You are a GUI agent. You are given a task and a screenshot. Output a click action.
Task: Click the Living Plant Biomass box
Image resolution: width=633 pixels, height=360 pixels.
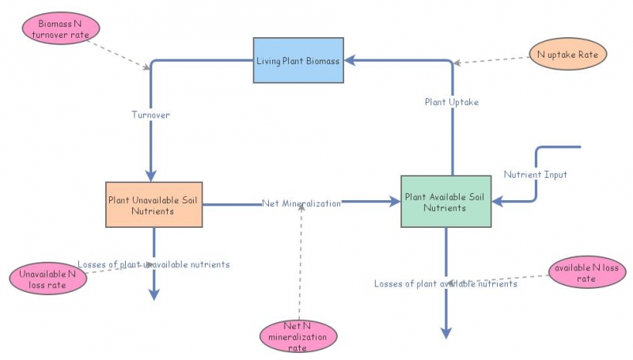click(x=298, y=60)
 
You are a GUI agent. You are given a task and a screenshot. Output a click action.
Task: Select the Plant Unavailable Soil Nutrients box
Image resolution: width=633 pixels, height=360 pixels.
click(x=154, y=204)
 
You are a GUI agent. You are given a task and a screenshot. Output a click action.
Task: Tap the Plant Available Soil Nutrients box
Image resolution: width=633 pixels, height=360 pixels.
click(x=445, y=202)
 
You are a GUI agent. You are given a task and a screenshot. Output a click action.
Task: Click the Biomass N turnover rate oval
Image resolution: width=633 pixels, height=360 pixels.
click(x=61, y=29)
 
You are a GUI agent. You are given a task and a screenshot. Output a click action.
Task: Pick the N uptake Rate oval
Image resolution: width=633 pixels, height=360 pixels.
click(x=567, y=55)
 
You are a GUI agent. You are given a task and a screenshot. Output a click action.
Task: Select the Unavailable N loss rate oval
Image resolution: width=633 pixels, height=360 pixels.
click(x=47, y=279)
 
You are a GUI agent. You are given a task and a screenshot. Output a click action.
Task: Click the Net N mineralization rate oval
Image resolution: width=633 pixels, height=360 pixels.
click(x=298, y=336)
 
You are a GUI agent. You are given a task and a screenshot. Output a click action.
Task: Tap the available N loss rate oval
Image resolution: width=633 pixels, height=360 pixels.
click(x=586, y=272)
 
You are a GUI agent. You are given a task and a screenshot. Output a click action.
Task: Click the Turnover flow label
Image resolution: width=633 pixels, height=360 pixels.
click(x=150, y=115)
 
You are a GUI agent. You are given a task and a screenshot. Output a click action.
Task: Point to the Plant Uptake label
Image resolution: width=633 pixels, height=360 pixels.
click(x=451, y=102)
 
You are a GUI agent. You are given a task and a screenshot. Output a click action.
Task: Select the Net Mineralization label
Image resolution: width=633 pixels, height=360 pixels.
click(x=301, y=203)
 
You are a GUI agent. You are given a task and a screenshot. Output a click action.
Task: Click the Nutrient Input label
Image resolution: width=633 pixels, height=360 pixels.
click(x=535, y=174)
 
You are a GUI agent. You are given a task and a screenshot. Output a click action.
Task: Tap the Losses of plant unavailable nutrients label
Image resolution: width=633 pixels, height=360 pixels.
click(x=154, y=264)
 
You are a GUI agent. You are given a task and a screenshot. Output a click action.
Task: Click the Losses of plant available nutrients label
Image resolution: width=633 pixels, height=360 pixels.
click(x=445, y=283)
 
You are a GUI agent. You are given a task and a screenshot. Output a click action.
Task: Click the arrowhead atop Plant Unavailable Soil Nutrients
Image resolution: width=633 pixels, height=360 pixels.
click(x=150, y=176)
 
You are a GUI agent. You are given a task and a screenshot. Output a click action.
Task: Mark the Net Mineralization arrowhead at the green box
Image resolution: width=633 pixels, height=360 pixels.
click(x=395, y=203)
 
